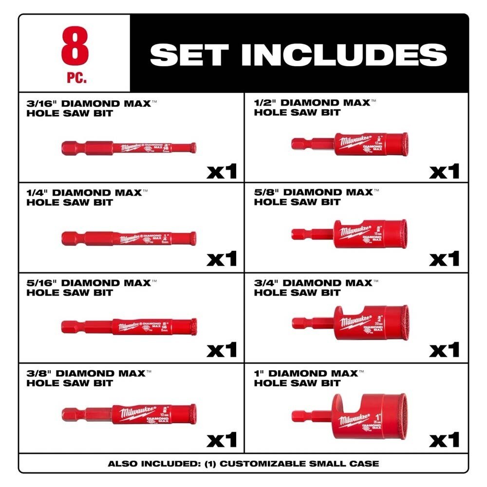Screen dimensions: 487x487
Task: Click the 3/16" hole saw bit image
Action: pyautogui.click(x=130, y=147)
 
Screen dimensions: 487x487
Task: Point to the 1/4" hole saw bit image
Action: pyautogui.click(x=130, y=237)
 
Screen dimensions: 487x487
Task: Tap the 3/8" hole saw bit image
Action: pyautogui.click(x=130, y=414)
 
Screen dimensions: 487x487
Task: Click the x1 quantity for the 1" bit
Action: pyautogui.click(x=444, y=440)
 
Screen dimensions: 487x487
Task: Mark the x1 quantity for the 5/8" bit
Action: pyautogui.click(x=444, y=259)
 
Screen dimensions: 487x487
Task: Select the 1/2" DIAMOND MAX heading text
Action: pyautogui.click(x=312, y=103)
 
